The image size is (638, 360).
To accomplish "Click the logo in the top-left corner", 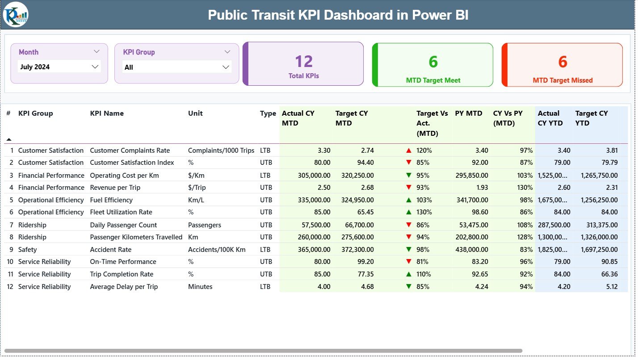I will click(16, 14).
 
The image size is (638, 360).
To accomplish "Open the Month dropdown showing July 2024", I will click(59, 67).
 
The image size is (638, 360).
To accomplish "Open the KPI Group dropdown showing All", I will click(176, 67).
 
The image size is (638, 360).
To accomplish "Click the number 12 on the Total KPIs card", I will click(304, 62).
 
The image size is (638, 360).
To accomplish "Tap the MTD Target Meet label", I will click(433, 80).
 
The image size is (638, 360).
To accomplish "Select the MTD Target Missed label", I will click(562, 80).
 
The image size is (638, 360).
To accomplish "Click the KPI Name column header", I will click(107, 113).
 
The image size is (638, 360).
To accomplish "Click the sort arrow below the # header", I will click(9, 139).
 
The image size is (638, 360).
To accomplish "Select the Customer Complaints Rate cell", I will click(130, 151).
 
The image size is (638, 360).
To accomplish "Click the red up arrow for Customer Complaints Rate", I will click(408, 151).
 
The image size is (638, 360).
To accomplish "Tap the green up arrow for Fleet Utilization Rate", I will click(408, 212).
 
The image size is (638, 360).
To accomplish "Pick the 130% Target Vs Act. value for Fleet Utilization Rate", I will click(424, 212).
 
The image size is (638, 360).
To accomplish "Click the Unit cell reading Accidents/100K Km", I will click(216, 250).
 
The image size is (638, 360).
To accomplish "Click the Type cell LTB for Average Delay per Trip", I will click(265, 287).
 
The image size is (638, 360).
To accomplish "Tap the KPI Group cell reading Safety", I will click(28, 250).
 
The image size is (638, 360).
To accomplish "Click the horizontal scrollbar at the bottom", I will click(264, 351).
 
